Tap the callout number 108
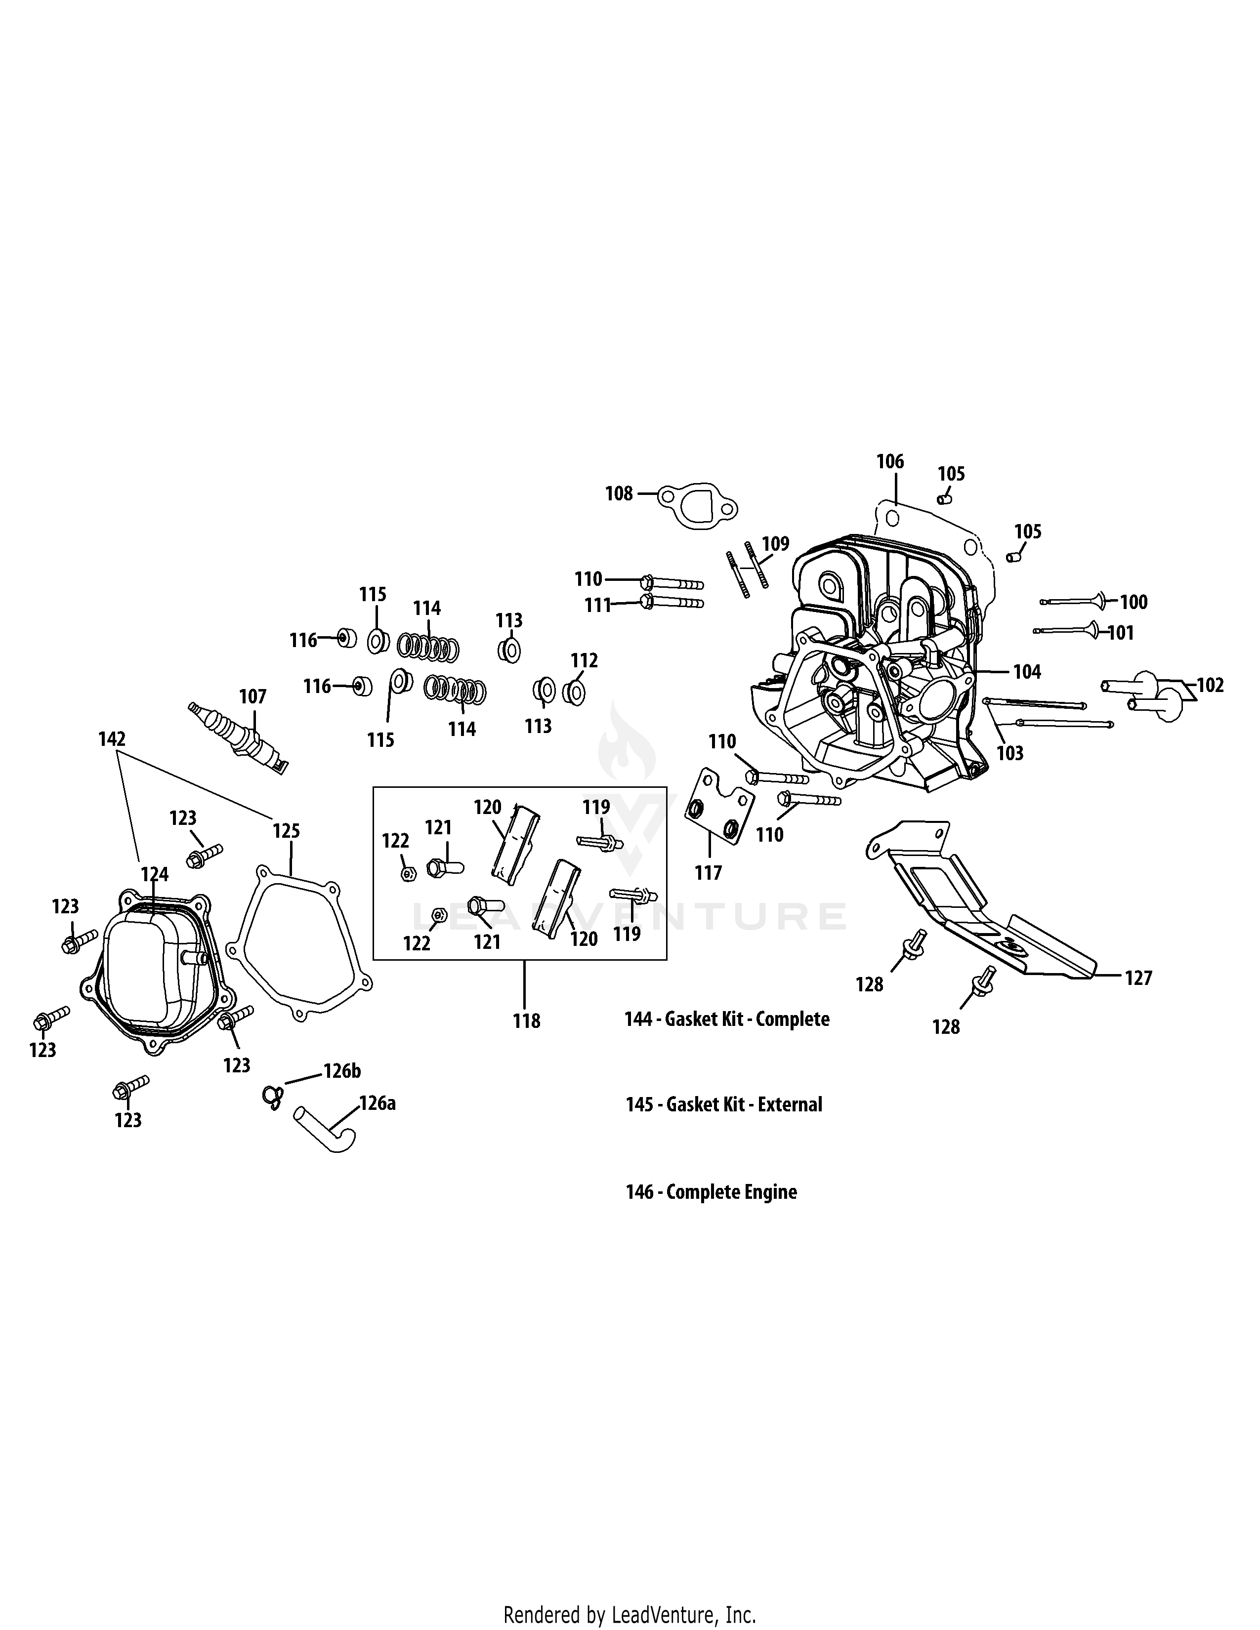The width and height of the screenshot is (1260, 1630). point(619,494)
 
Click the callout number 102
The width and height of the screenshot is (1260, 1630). point(1210,685)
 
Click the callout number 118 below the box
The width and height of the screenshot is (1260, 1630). point(526,1021)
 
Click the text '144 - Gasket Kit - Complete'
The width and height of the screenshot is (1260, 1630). point(726,1019)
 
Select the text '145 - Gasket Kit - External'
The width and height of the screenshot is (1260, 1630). point(723,1104)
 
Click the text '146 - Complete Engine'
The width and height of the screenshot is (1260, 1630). point(711,1192)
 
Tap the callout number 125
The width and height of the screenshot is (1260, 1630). point(286,831)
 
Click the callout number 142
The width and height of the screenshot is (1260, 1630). point(112,739)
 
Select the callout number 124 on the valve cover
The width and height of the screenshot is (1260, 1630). point(155,874)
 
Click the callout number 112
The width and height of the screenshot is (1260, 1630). point(585,660)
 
